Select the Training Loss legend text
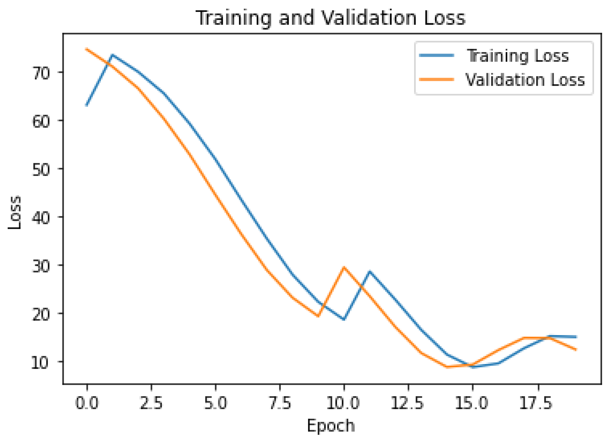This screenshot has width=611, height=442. pyautogui.click(x=517, y=56)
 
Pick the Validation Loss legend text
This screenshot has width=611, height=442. pyautogui.click(x=525, y=80)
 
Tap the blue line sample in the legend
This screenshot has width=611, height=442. pyautogui.click(x=436, y=55)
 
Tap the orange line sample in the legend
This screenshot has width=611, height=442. pyautogui.click(x=436, y=79)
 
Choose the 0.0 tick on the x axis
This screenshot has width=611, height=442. pyautogui.click(x=87, y=403)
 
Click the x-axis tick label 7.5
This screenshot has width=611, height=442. pyautogui.click(x=280, y=403)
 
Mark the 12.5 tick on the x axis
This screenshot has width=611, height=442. pyautogui.click(x=408, y=403)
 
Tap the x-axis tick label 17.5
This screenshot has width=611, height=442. pyautogui.click(x=536, y=403)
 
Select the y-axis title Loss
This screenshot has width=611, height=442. pyautogui.click(x=15, y=212)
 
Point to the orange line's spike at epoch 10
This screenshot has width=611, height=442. pyautogui.click(x=344, y=267)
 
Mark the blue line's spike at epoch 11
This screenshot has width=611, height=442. pyautogui.click(x=370, y=271)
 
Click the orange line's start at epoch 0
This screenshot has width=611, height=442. pyautogui.click(x=87, y=49)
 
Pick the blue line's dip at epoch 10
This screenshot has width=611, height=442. pyautogui.click(x=344, y=319)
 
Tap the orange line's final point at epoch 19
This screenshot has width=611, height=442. pyautogui.click(x=576, y=350)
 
